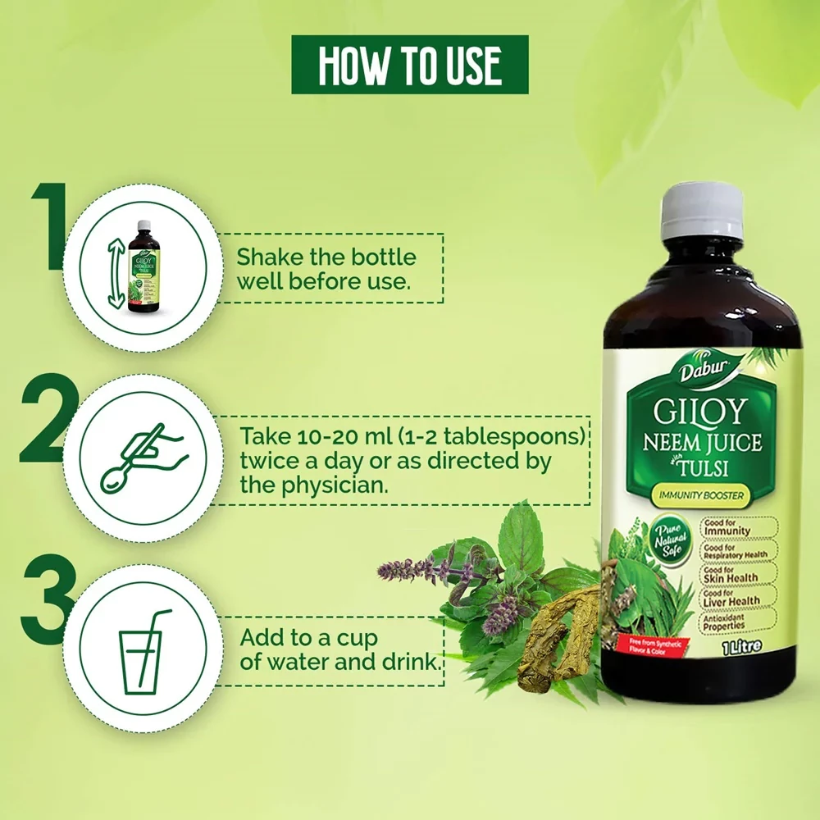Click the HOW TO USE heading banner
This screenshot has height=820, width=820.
click(x=410, y=64)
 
